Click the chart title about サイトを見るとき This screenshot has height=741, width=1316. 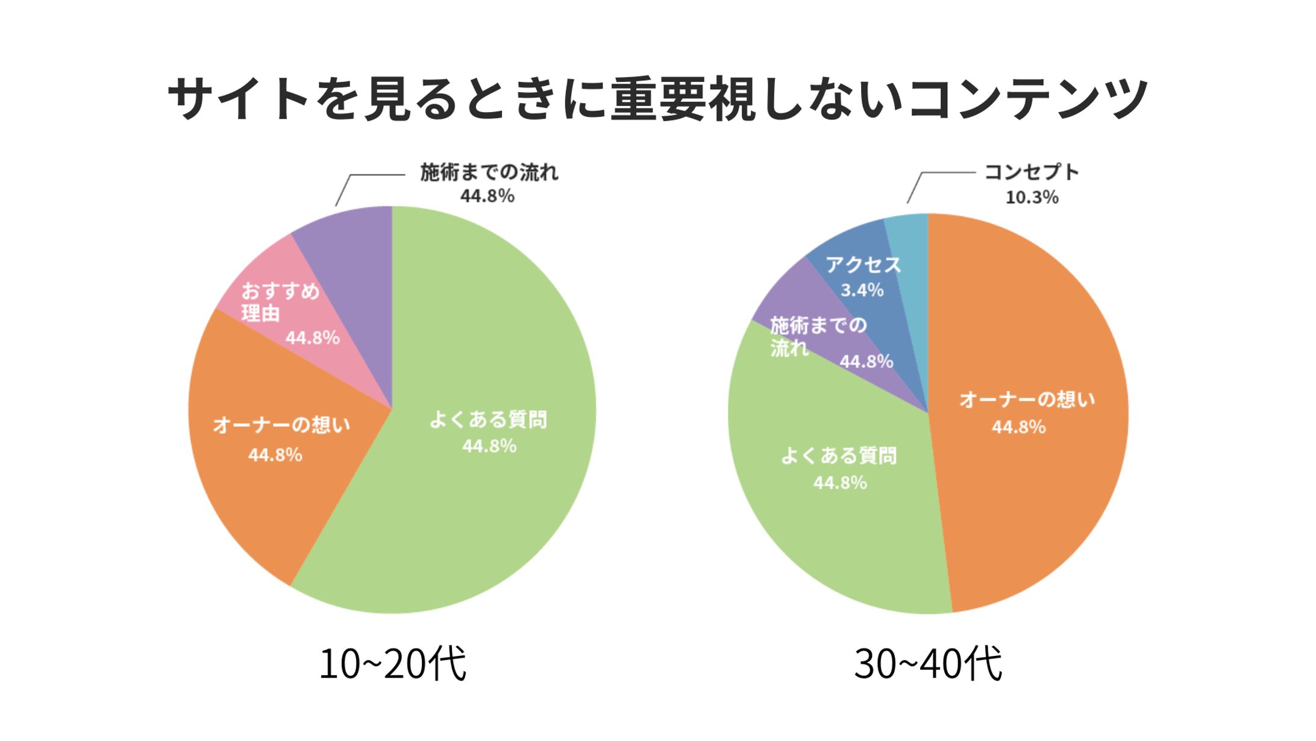pos(657,98)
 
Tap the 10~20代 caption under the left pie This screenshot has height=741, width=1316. pos(392,664)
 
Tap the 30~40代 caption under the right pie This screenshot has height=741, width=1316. pos(928,664)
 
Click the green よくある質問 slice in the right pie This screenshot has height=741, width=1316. pos(844,531)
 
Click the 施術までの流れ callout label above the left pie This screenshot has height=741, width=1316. pos(489,173)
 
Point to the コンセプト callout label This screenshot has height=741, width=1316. pos(1032,172)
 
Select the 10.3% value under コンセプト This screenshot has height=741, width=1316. pos(1032,198)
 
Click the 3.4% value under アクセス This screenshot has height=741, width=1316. pos(862,291)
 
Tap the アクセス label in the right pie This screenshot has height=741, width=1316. pos(863,265)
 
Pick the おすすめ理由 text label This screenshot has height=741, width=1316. pos(280,302)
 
